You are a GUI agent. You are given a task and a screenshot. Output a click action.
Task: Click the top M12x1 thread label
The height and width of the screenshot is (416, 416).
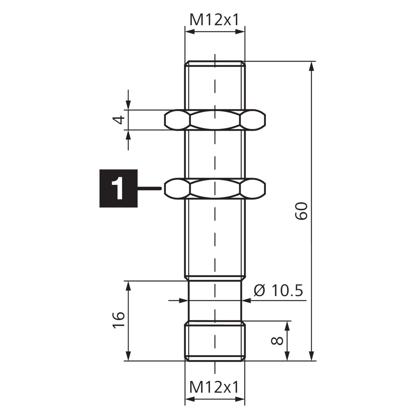pyautogui.click(x=214, y=20)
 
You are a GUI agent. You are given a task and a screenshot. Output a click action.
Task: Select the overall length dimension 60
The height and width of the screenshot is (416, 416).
pyautogui.click(x=301, y=211)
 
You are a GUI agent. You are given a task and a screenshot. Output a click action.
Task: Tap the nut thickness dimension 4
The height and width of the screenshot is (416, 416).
pyautogui.click(x=119, y=120)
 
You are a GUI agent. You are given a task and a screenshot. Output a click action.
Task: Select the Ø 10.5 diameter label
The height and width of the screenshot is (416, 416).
pyautogui.click(x=278, y=290)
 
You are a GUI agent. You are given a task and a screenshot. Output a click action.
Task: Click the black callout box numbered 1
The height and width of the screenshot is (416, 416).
pyautogui.click(x=118, y=188)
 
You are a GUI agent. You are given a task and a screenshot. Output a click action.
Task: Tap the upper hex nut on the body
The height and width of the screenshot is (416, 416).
pyautogui.click(x=215, y=120)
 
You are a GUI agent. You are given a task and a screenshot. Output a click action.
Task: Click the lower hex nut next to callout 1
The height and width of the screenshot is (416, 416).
pyautogui.click(x=215, y=188)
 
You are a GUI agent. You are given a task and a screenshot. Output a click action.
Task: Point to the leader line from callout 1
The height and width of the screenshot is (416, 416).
pyautogui.click(x=149, y=189)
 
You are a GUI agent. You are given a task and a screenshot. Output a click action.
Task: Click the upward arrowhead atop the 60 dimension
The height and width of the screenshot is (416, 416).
pyautogui.click(x=311, y=67)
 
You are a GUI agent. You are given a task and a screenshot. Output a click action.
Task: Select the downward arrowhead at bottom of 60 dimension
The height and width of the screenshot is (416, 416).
pyautogui.click(x=311, y=355)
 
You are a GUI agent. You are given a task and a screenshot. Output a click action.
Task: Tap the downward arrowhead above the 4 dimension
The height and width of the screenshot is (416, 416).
pyautogui.click(x=128, y=105)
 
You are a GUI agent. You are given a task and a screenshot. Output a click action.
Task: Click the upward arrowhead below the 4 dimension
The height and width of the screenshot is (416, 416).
pyautogui.click(x=128, y=136)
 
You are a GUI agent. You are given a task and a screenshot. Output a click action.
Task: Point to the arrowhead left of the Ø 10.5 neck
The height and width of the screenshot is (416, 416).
pyautogui.click(x=183, y=300)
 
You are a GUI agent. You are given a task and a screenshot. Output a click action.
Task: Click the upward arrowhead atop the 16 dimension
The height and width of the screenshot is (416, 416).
pyautogui.click(x=128, y=286)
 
